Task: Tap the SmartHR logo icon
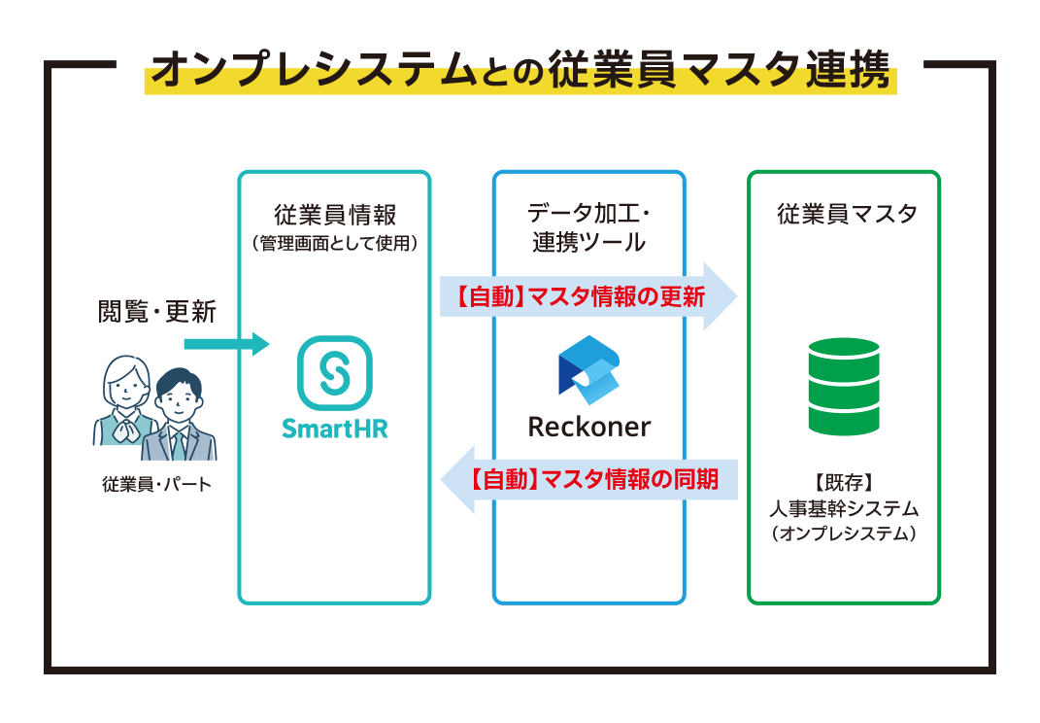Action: (x=335, y=372)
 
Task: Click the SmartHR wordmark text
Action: (x=335, y=429)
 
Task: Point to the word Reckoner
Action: (x=589, y=426)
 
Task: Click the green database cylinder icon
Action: (x=843, y=386)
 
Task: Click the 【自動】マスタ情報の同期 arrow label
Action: (x=594, y=479)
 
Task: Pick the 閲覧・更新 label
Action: (x=155, y=312)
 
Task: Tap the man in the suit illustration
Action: (x=180, y=415)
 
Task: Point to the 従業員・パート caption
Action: (x=155, y=484)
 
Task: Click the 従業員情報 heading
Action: (x=334, y=214)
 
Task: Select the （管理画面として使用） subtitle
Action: (x=334, y=243)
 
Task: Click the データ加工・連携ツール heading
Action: (x=588, y=227)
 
